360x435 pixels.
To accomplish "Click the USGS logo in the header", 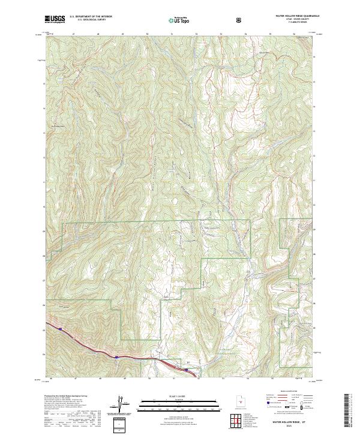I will pos(55,19).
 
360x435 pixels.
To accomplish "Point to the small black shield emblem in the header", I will pos(240,20).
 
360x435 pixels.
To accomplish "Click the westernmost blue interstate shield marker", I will pos(60,328).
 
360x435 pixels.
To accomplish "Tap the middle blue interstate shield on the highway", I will pos(115,357).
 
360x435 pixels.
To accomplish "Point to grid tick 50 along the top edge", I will pos(147,35).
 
